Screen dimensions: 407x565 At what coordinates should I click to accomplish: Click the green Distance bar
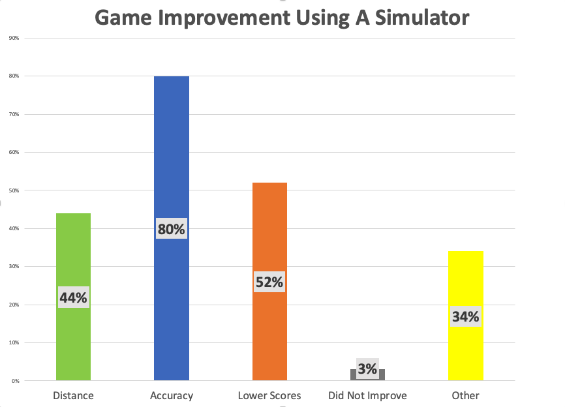tap(73, 254)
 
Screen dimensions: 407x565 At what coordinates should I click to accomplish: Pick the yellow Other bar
tap(466, 280)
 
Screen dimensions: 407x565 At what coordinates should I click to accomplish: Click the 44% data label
tap(73, 297)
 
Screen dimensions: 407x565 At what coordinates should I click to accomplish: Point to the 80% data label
tap(172, 229)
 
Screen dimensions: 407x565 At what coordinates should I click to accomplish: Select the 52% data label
tap(269, 282)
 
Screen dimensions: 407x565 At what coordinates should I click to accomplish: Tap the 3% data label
tap(367, 369)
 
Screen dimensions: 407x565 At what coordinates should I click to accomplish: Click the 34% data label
tap(466, 317)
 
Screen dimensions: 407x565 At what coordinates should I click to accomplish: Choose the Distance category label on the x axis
tap(73, 395)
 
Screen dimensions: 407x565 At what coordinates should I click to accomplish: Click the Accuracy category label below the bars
tap(172, 395)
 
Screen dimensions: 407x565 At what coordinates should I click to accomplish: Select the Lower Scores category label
tap(269, 395)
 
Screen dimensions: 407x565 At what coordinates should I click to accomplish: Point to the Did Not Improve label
tap(367, 395)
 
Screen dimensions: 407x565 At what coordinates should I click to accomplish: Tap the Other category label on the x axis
tap(466, 395)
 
